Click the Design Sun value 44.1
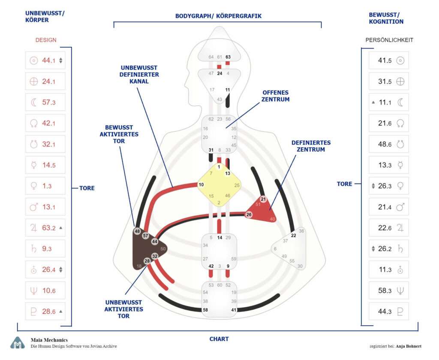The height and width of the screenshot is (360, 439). pyautogui.click(x=48, y=61)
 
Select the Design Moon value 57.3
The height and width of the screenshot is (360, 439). pyautogui.click(x=48, y=103)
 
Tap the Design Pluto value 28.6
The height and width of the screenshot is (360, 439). pyautogui.click(x=48, y=312)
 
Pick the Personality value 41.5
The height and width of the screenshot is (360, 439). pyautogui.click(x=385, y=61)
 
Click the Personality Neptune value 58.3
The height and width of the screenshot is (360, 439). pyautogui.click(x=385, y=290)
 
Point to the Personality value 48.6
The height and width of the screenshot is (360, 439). pyautogui.click(x=385, y=145)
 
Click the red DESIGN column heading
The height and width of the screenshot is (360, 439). pyautogui.click(x=45, y=40)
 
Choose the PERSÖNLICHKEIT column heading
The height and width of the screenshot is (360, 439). pyautogui.click(x=389, y=40)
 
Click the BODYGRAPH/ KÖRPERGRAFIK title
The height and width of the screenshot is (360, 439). pyautogui.click(x=218, y=16)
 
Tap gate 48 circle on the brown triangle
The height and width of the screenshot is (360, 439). pyautogui.click(x=137, y=231)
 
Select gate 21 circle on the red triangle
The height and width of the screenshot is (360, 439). pyautogui.click(x=263, y=199)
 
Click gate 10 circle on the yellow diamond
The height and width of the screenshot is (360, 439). pyautogui.click(x=201, y=185)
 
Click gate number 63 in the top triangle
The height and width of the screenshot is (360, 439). pyautogui.click(x=228, y=57)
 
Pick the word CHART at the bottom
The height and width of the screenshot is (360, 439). pyautogui.click(x=219, y=339)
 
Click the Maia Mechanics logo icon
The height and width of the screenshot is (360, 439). pyautogui.click(x=18, y=342)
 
